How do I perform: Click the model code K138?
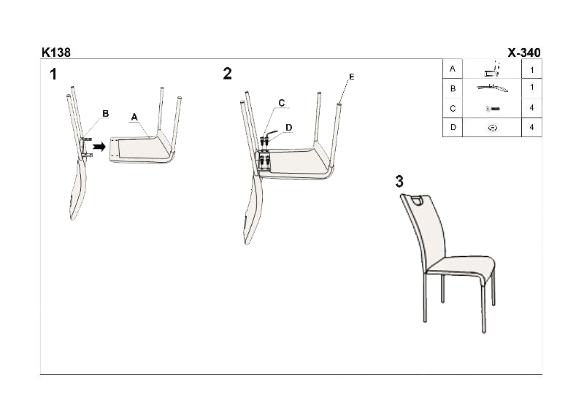(56, 53)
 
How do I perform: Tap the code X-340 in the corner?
(524, 53)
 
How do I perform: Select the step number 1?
(53, 74)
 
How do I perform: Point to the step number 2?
(227, 74)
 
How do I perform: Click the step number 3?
(399, 182)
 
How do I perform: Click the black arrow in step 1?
(99, 147)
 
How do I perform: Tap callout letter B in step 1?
(105, 114)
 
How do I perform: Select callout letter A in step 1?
(134, 117)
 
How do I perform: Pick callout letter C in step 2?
(282, 103)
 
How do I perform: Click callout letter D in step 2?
(288, 128)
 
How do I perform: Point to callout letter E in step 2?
(352, 77)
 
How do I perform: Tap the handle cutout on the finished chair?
(418, 201)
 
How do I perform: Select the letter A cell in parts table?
(453, 69)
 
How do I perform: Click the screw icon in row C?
(493, 109)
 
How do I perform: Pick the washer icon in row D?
(492, 128)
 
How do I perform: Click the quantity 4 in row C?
(531, 107)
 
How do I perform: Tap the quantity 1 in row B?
(532, 87)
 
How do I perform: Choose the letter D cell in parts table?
(453, 128)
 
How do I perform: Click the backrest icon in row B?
(492, 88)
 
